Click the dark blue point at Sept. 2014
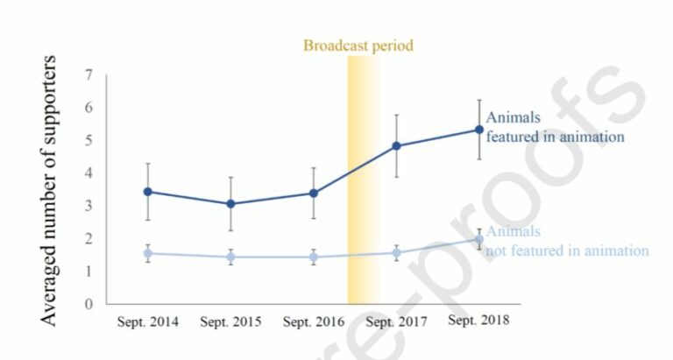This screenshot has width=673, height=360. tap(147, 192)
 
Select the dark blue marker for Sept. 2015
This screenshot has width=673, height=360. tap(230, 204)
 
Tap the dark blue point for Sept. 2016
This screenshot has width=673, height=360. tap(313, 193)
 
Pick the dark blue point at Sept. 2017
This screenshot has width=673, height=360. tap(396, 146)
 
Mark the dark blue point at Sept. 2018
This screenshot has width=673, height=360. tap(478, 130)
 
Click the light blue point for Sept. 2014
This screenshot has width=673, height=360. tap(147, 253)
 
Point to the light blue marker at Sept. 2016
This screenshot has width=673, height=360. tap(313, 257)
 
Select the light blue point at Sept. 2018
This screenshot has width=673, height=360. tap(478, 239)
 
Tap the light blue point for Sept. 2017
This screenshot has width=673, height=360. tap(396, 253)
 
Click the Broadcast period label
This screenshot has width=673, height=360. tap(358, 45)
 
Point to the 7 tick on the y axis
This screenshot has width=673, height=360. tap(89, 75)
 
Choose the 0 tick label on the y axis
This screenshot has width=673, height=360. tap(89, 305)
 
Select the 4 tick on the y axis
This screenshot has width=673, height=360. tap(89, 173)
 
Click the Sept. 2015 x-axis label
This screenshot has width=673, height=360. tap(230, 321)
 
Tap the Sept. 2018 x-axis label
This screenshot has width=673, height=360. tap(478, 321)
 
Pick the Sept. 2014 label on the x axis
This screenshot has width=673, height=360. tap(147, 321)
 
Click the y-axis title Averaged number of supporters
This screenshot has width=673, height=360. tap(50, 190)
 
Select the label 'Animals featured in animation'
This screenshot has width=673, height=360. tap(554, 127)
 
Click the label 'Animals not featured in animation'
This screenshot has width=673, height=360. tap(566, 242)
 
